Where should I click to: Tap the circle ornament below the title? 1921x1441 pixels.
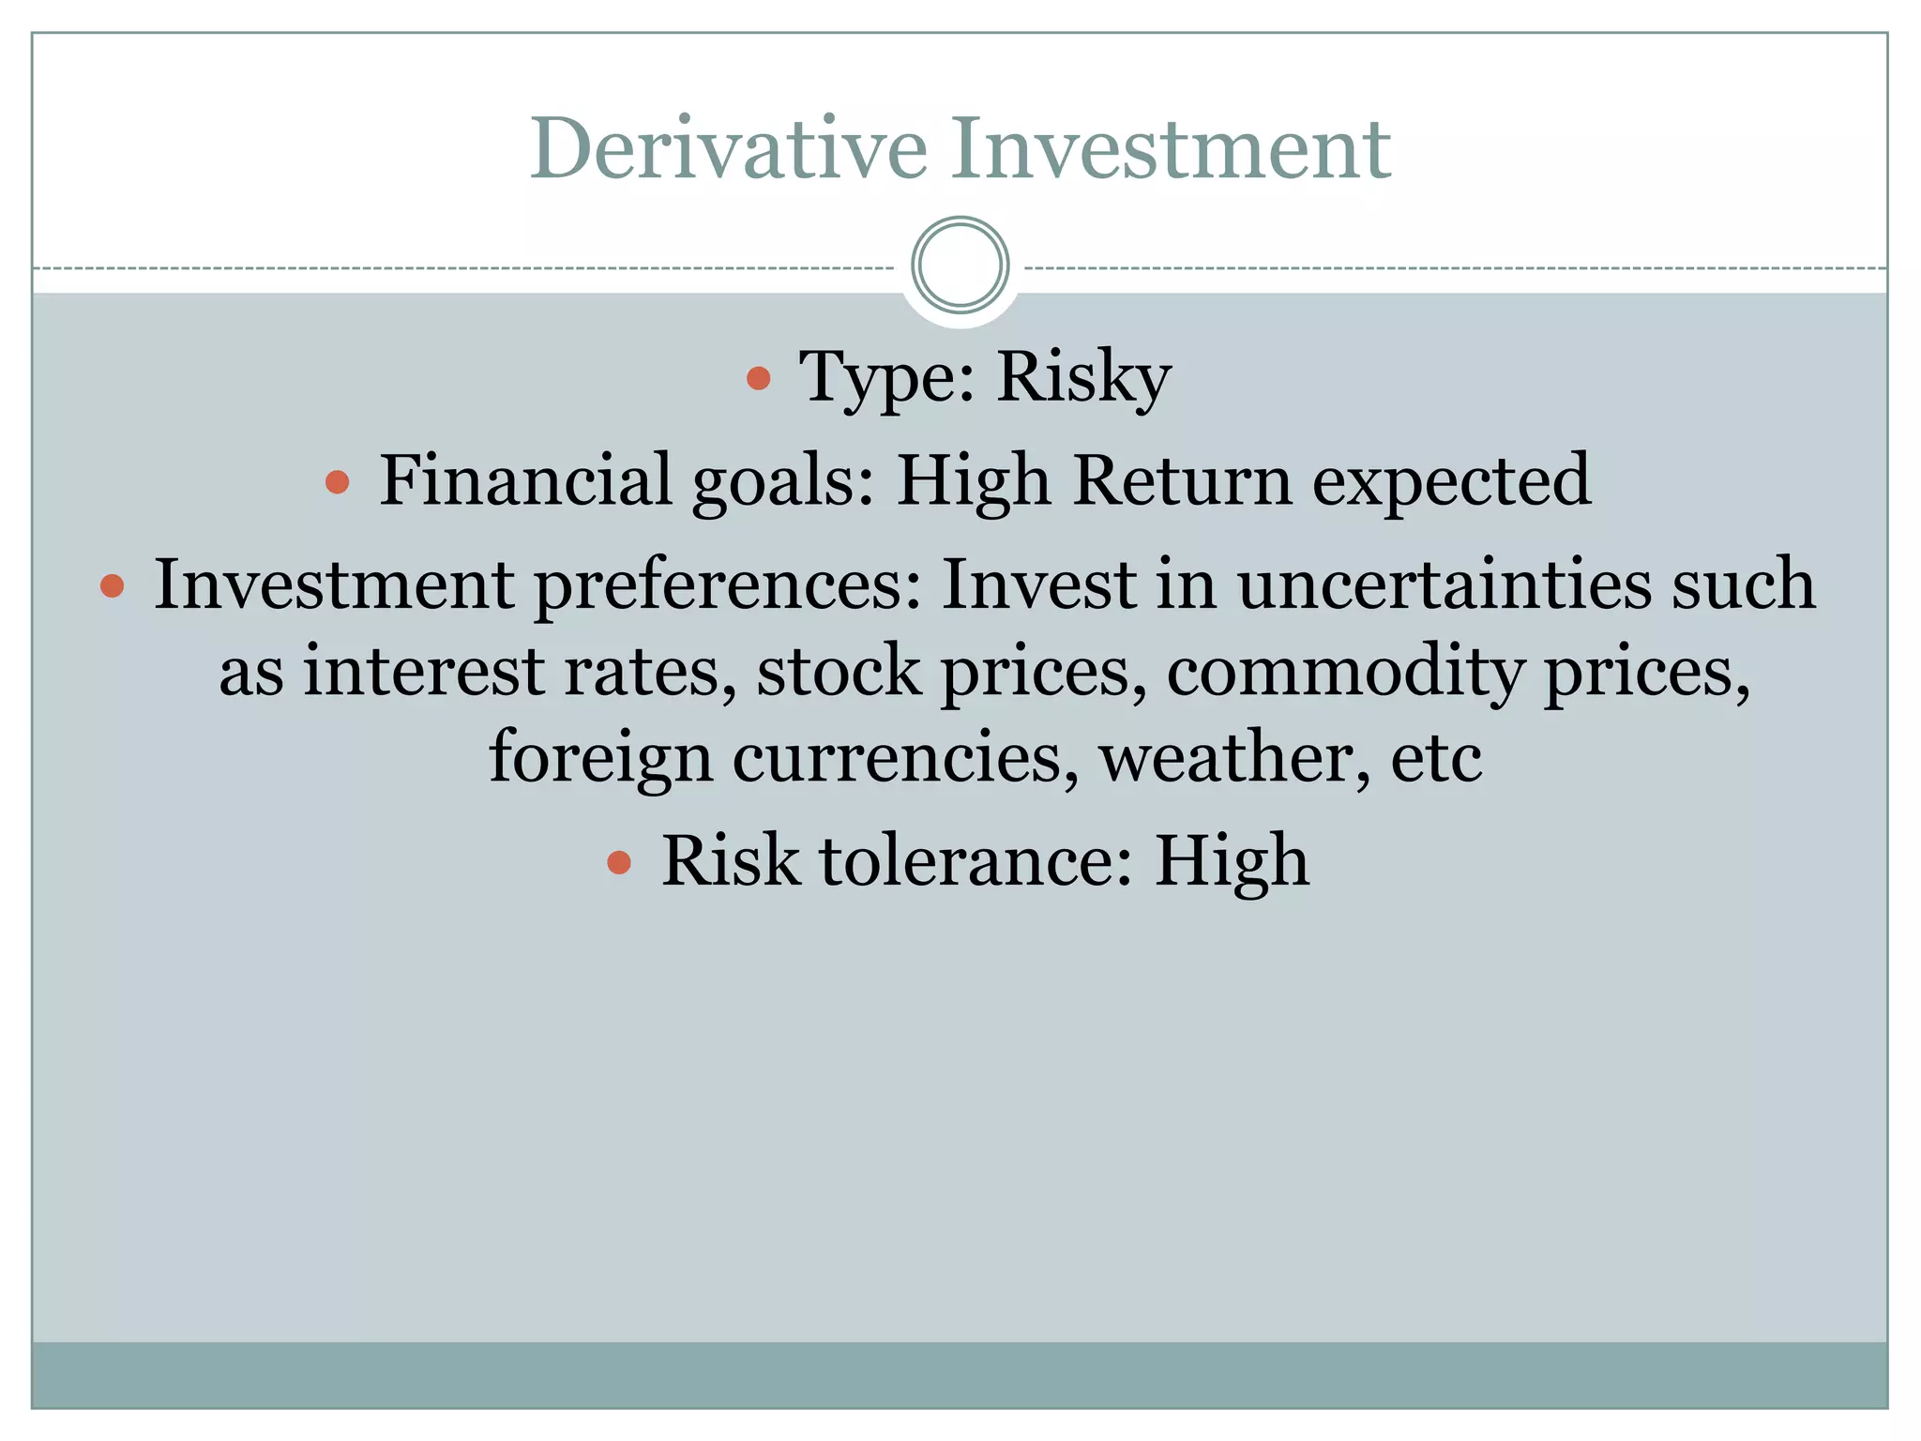click(960, 265)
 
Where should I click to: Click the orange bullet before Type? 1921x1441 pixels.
click(758, 379)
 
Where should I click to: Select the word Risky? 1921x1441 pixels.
click(1083, 378)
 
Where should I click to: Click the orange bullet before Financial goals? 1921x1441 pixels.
click(337, 483)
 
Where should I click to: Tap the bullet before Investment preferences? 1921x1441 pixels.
click(112, 586)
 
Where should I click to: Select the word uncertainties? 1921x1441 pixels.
click(1444, 584)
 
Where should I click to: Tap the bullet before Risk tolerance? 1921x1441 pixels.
click(618, 862)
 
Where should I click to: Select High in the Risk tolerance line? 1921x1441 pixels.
click(1231, 862)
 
